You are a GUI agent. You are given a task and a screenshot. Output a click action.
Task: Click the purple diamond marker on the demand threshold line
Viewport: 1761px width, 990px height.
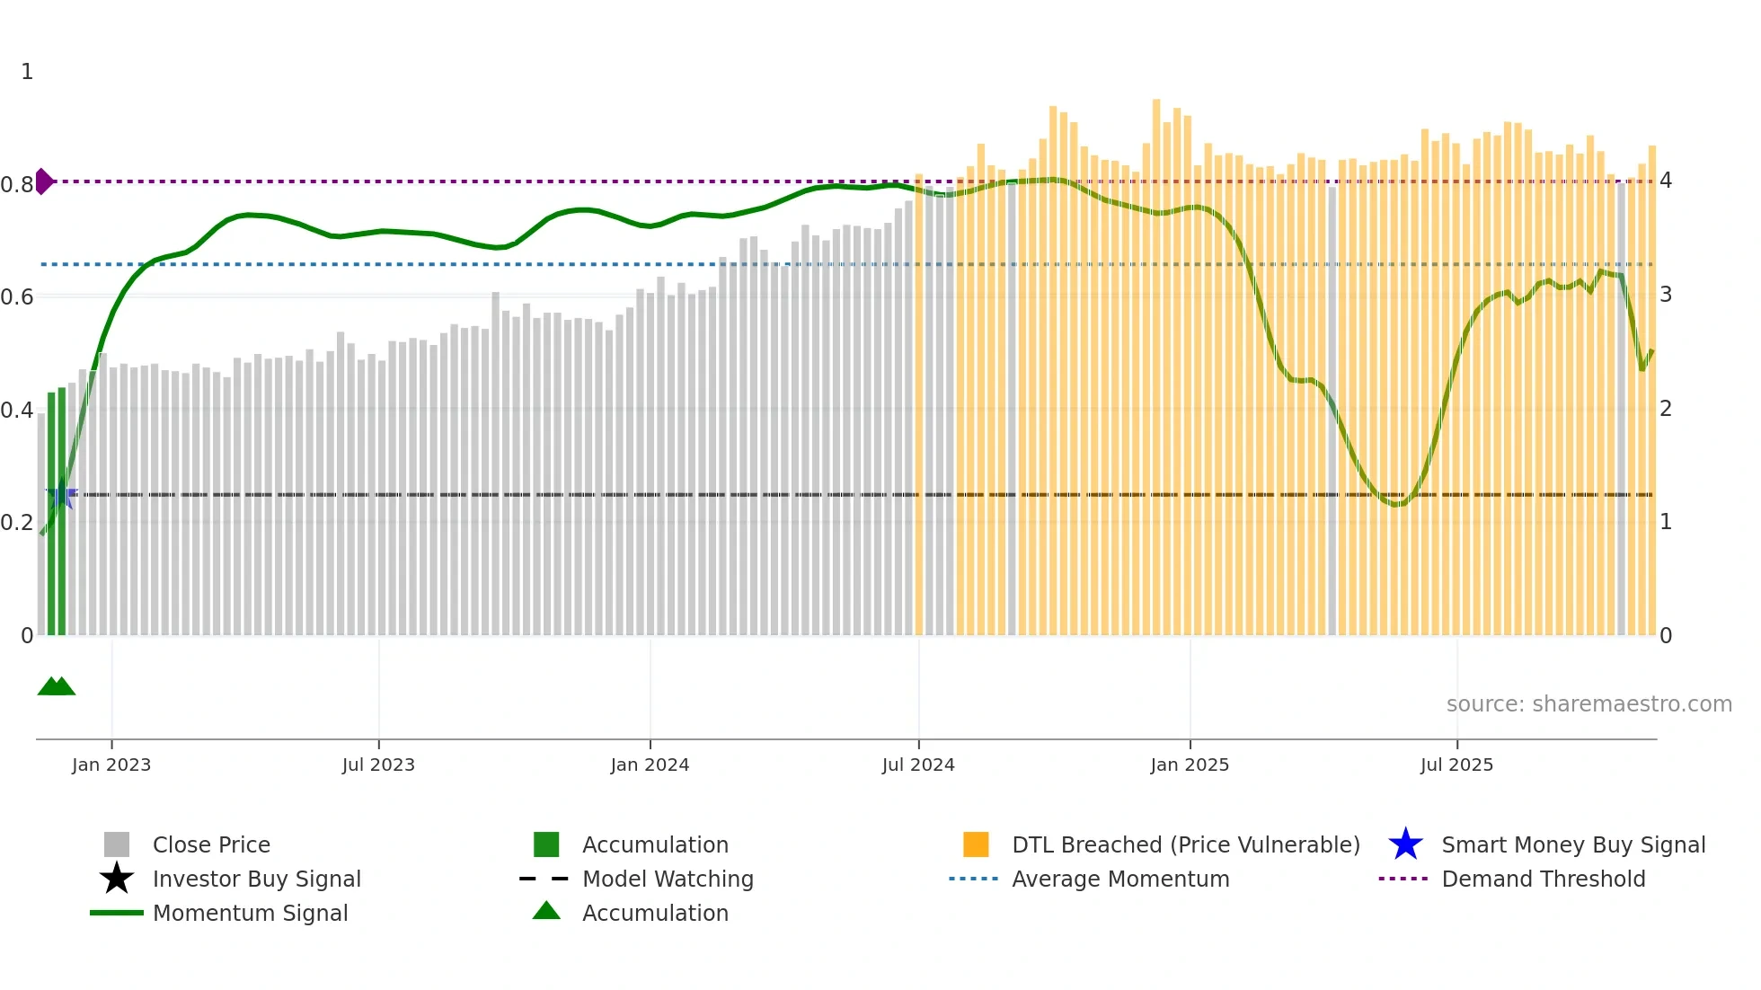point(44,181)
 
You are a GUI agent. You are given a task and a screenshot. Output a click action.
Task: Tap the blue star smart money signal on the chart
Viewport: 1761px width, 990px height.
point(61,494)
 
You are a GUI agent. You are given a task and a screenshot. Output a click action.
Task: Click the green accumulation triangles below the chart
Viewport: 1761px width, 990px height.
point(56,686)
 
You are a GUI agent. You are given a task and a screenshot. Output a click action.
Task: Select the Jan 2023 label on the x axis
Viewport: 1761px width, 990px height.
point(111,765)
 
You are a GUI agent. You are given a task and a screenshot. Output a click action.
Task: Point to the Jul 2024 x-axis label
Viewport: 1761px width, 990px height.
point(918,765)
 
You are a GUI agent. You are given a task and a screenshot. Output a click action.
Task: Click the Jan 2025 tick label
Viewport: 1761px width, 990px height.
point(1190,765)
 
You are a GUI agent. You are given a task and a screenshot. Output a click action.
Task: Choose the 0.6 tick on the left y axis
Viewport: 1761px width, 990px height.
point(17,297)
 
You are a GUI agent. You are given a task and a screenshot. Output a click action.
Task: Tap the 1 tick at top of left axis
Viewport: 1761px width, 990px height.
point(27,72)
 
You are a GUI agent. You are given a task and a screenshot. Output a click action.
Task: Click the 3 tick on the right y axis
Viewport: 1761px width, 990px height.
point(1666,295)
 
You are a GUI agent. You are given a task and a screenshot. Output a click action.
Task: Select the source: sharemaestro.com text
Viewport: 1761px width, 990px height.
point(1588,704)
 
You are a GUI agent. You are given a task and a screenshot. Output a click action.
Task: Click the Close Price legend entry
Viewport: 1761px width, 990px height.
point(211,844)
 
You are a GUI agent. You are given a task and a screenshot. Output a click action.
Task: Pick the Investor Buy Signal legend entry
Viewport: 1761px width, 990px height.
point(256,879)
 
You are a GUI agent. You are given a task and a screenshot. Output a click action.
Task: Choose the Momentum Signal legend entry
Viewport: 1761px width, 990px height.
point(250,913)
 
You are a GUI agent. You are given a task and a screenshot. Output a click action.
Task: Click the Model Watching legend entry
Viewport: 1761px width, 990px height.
point(668,879)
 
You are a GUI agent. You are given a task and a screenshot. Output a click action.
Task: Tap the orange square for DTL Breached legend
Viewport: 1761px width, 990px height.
point(976,844)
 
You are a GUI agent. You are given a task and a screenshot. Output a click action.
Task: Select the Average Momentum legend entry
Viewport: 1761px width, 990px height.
point(1120,879)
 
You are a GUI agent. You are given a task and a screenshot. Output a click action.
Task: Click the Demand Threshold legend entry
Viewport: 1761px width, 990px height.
point(1543,879)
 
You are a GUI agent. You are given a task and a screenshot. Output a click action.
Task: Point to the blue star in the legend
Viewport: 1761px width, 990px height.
point(1405,844)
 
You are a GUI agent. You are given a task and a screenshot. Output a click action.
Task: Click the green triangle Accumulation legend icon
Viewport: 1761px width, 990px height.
point(546,911)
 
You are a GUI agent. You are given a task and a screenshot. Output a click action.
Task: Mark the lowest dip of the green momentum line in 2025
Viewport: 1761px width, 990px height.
point(1397,504)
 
